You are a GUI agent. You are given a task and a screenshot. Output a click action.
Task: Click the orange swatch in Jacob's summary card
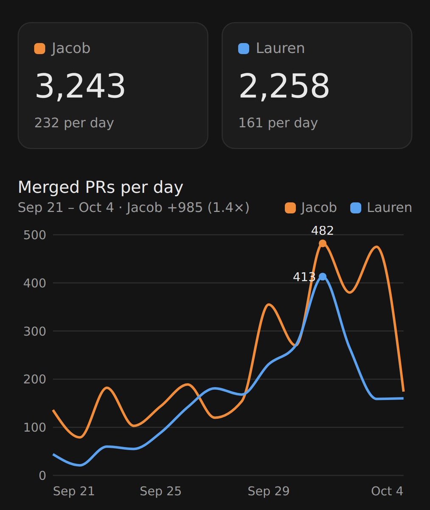click(39, 48)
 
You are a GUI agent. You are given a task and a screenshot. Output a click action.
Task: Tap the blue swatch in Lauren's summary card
click(244, 48)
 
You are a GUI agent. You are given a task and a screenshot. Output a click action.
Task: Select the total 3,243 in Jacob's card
click(80, 86)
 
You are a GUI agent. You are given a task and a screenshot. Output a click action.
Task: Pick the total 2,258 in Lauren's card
click(284, 86)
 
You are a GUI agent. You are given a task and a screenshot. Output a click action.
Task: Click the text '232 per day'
click(74, 123)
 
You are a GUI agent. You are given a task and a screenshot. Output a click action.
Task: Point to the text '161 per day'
click(278, 123)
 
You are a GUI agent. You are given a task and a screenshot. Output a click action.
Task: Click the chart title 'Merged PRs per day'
click(101, 187)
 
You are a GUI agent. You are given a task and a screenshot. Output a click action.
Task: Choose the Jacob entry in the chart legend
click(311, 208)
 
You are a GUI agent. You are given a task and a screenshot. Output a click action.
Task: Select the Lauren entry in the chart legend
click(381, 208)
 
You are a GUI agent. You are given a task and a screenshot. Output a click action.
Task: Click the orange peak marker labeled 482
click(323, 244)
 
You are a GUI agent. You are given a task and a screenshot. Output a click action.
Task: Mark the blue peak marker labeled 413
click(323, 277)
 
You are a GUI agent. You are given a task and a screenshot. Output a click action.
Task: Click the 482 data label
click(322, 231)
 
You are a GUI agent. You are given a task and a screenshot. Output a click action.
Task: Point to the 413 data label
click(304, 277)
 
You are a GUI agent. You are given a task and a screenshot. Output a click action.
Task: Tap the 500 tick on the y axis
click(35, 235)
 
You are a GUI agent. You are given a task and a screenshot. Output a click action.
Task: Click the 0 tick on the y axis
click(42, 476)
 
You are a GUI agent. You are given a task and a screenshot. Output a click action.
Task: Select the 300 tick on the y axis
click(35, 331)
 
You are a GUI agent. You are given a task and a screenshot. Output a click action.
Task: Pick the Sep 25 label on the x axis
click(160, 491)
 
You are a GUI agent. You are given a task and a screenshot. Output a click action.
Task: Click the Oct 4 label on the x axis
click(387, 491)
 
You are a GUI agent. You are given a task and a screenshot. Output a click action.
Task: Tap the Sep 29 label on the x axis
click(268, 491)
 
